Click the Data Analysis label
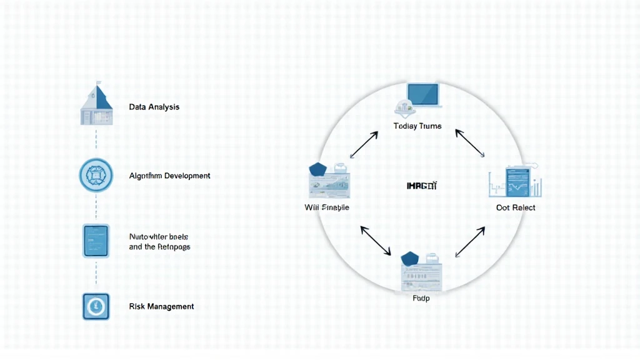tap(154, 107)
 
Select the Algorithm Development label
tap(169, 176)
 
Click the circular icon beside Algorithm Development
tap(96, 174)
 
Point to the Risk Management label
tap(161, 306)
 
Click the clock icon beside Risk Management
tap(96, 307)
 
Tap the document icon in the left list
tap(96, 241)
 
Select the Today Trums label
tap(417, 126)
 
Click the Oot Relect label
tap(516, 207)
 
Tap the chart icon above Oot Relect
tap(514, 181)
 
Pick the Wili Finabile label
tap(327, 207)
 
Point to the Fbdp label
tap(421, 298)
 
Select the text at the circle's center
tap(422, 186)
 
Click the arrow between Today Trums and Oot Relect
tap(470, 144)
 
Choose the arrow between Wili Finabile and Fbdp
tap(376, 241)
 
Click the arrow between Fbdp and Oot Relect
tap(470, 241)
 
